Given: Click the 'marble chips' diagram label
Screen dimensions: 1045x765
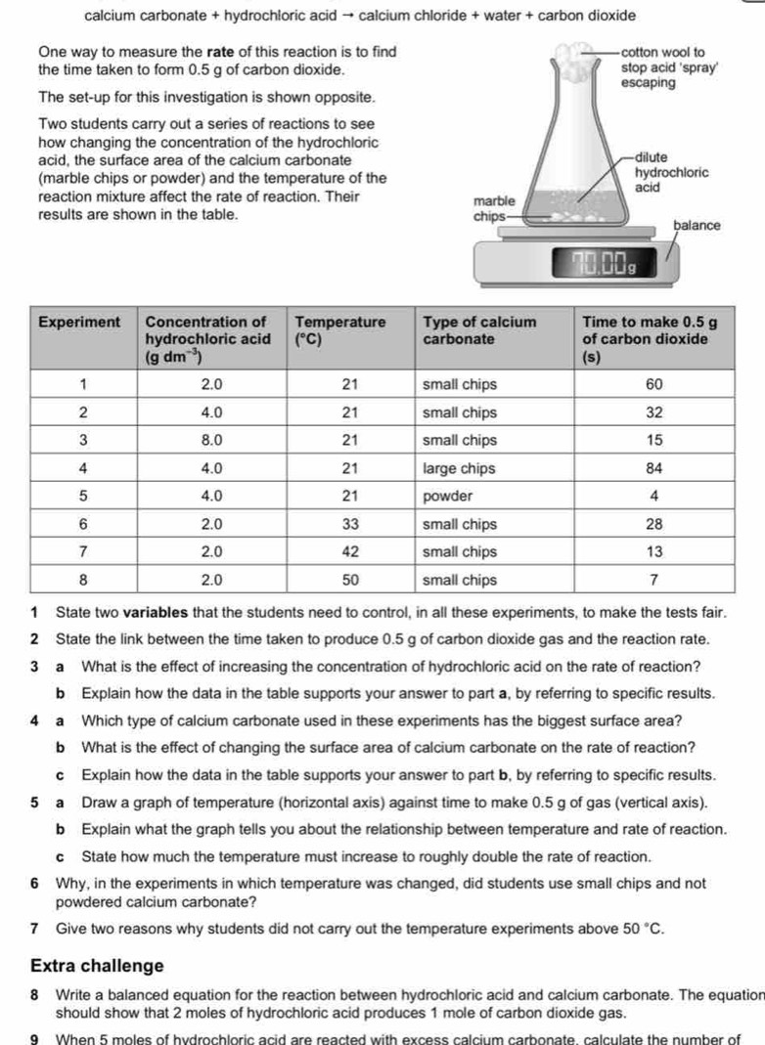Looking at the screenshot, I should tap(494, 207).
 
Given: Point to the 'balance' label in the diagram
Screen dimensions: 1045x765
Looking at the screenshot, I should tap(697, 225).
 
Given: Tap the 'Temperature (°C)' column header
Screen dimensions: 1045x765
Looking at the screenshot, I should tap(339, 329).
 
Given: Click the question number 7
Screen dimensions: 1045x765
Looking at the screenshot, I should tap(34, 928).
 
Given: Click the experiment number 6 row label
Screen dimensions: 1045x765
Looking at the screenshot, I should tap(84, 524).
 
